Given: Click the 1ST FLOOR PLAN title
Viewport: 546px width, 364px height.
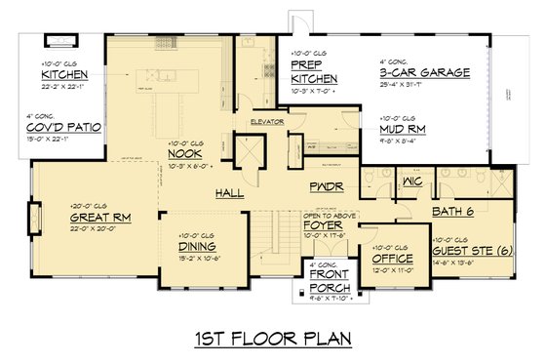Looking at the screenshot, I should (x=272, y=340).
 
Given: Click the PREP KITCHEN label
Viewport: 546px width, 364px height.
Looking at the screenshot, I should (x=314, y=71).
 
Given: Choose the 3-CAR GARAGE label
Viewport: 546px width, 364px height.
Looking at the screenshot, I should (x=425, y=72).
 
